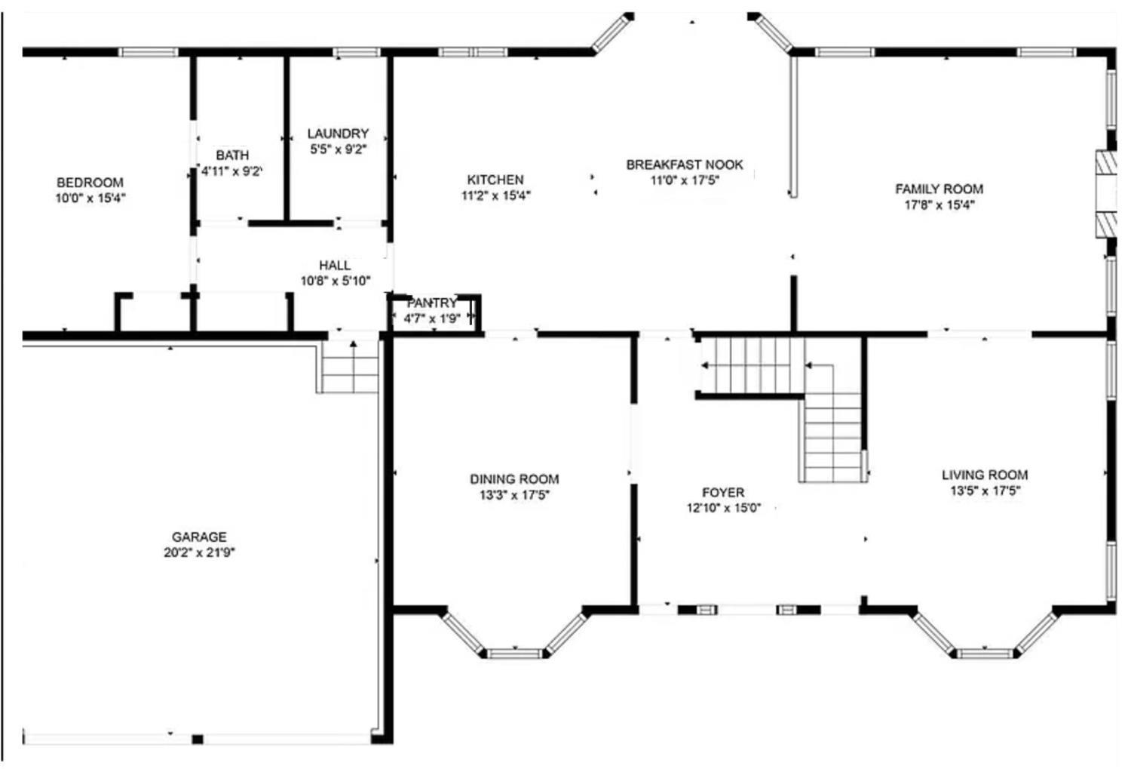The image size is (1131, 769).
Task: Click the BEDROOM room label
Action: (x=90, y=183)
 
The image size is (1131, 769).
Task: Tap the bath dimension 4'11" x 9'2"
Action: (x=232, y=171)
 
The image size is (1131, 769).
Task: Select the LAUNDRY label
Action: (x=339, y=134)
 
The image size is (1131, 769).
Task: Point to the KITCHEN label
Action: (x=495, y=180)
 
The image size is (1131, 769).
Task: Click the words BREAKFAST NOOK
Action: (x=685, y=165)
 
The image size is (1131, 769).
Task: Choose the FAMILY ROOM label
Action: (x=939, y=189)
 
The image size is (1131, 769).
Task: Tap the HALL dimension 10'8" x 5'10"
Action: (x=336, y=281)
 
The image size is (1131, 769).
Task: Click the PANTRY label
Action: (x=432, y=303)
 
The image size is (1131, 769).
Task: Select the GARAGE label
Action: (x=200, y=537)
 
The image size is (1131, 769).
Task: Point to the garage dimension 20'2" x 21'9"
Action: (x=200, y=552)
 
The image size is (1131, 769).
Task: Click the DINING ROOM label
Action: (x=514, y=479)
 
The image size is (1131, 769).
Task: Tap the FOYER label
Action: (x=723, y=492)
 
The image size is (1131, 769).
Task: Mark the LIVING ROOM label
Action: (x=985, y=475)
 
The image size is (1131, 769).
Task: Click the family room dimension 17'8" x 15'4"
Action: (x=939, y=205)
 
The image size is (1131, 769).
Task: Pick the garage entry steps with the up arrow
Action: (x=350, y=367)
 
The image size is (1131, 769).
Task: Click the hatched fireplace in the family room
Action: (x=1106, y=194)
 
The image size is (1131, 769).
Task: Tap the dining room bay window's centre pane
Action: (x=514, y=654)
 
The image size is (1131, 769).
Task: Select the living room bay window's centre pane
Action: (x=985, y=654)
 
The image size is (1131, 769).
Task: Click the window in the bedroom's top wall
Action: (x=148, y=52)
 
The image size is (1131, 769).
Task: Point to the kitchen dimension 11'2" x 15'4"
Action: (x=496, y=195)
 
